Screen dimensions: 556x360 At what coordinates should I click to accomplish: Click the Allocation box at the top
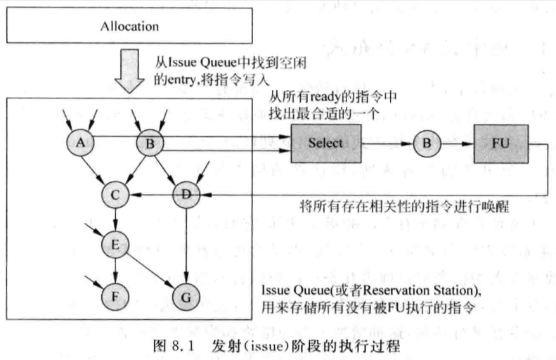pos(129,25)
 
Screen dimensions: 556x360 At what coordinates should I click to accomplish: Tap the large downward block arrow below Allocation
pos(129,71)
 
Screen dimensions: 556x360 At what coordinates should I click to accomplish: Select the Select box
pos(326,143)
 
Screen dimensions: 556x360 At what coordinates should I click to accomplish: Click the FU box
pos(501,143)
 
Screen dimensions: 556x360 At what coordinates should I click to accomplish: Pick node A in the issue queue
pos(81,143)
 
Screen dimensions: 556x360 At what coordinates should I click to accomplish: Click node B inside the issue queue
pos(150,143)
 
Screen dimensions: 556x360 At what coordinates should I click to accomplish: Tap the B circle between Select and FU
pos(427,143)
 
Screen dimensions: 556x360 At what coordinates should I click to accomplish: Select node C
pos(115,195)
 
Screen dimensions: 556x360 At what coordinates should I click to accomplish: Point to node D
pos(186,194)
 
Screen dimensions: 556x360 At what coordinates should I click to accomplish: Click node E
pos(115,245)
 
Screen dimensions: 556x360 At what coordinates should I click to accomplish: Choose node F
pos(115,297)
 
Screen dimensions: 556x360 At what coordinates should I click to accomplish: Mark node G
pos(186,297)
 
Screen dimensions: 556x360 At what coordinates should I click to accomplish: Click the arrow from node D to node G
pos(186,246)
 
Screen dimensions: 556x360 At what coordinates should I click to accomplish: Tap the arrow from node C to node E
pos(115,220)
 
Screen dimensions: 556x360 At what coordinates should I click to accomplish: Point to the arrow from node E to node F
pos(115,271)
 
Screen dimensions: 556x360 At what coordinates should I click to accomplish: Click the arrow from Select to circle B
pos(387,143)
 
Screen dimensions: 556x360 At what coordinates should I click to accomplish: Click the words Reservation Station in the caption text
pos(419,290)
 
